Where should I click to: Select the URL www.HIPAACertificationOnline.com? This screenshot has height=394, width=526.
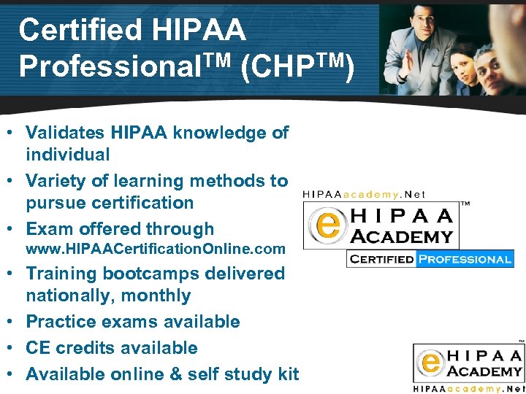(x=156, y=249)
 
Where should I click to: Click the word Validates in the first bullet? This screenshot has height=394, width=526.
(x=66, y=133)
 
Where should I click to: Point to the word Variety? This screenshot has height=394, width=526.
(x=56, y=180)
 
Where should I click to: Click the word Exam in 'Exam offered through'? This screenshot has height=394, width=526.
(x=48, y=228)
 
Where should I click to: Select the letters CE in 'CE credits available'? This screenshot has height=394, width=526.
(x=38, y=348)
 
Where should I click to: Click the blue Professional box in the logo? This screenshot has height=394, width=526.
(x=465, y=259)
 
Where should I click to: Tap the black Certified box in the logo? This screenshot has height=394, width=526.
(x=381, y=259)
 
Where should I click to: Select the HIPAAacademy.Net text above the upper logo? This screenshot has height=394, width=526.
(x=364, y=194)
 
